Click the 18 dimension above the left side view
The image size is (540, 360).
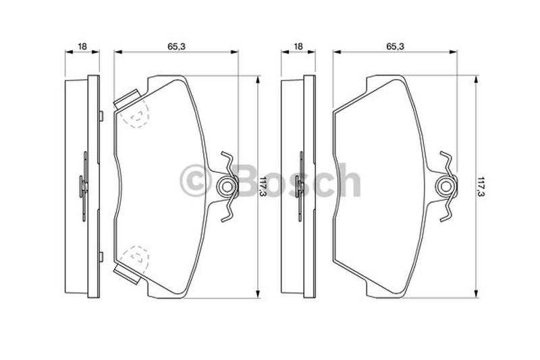click(82, 46)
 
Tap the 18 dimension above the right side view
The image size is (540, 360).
click(298, 46)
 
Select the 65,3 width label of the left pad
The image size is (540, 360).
click(176, 46)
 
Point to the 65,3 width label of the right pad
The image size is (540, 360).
click(395, 46)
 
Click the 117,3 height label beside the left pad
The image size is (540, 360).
click(263, 186)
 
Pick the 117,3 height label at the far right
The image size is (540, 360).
click(481, 186)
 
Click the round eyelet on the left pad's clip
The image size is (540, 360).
click(226, 186)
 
